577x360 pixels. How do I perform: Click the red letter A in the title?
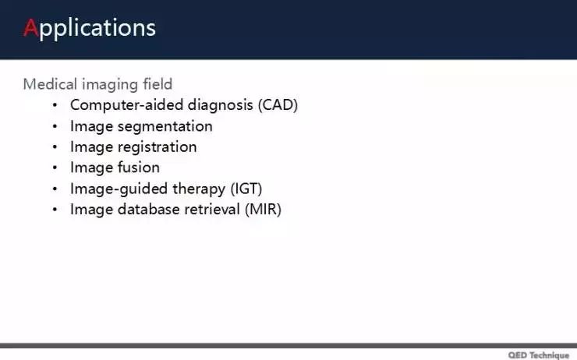pos(31,27)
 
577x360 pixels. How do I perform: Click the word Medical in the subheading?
pos(50,84)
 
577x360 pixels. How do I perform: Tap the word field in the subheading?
pos(158,84)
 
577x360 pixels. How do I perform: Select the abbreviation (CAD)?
pos(278,104)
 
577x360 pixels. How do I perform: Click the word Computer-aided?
pos(126,105)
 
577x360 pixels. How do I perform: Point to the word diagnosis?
pos(221,105)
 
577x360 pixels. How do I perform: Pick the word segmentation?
pos(165,126)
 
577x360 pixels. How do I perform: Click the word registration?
pos(158,147)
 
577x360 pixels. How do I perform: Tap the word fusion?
pos(138,168)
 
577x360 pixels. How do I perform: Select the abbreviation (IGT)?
pos(246,189)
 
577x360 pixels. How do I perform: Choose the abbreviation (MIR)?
pos(263,210)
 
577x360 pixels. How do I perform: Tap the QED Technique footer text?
pos(539,355)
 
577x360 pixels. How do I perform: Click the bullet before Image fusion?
pos(55,168)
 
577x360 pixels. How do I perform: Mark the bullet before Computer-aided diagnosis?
pos(55,105)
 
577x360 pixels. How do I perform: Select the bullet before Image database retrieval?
pos(55,210)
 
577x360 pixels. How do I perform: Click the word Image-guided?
pos(119,189)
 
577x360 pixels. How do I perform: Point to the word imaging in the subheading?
pos(110,85)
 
